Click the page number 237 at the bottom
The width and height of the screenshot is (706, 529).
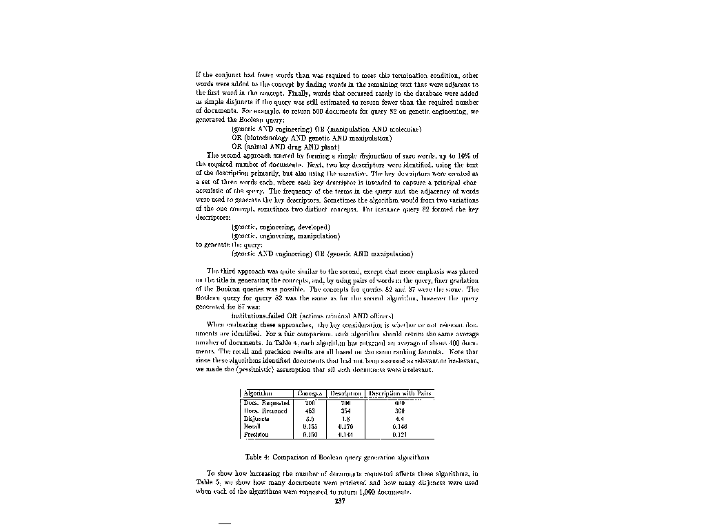(339, 501)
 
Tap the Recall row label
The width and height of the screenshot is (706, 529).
(252, 426)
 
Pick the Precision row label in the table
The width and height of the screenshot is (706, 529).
(256, 435)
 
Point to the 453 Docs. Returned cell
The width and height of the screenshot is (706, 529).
(310, 410)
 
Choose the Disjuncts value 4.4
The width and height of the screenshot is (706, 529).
(399, 418)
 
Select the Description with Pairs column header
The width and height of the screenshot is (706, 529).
(400, 393)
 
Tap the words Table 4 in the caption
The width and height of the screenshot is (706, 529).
(259, 457)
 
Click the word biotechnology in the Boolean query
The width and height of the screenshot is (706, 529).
(268, 137)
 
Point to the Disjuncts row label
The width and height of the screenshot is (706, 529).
(256, 418)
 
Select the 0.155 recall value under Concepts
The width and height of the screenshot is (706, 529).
(310, 426)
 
